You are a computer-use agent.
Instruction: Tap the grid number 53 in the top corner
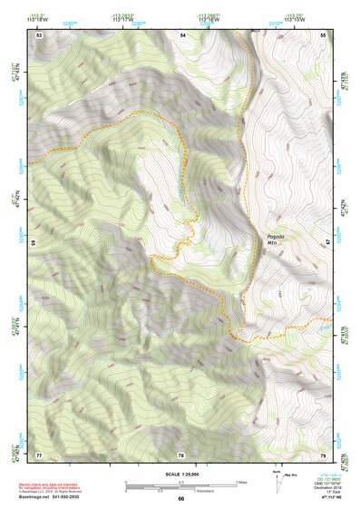(39, 34)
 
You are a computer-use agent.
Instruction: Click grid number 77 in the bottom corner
(39, 454)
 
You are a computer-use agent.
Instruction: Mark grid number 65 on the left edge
(34, 243)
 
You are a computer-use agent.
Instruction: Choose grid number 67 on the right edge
(327, 243)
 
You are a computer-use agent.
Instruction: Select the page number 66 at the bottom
(180, 498)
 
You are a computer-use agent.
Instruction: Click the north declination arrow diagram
(280, 483)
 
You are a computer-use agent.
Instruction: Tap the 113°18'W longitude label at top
(41, 19)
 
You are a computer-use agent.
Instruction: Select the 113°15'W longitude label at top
(321, 19)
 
